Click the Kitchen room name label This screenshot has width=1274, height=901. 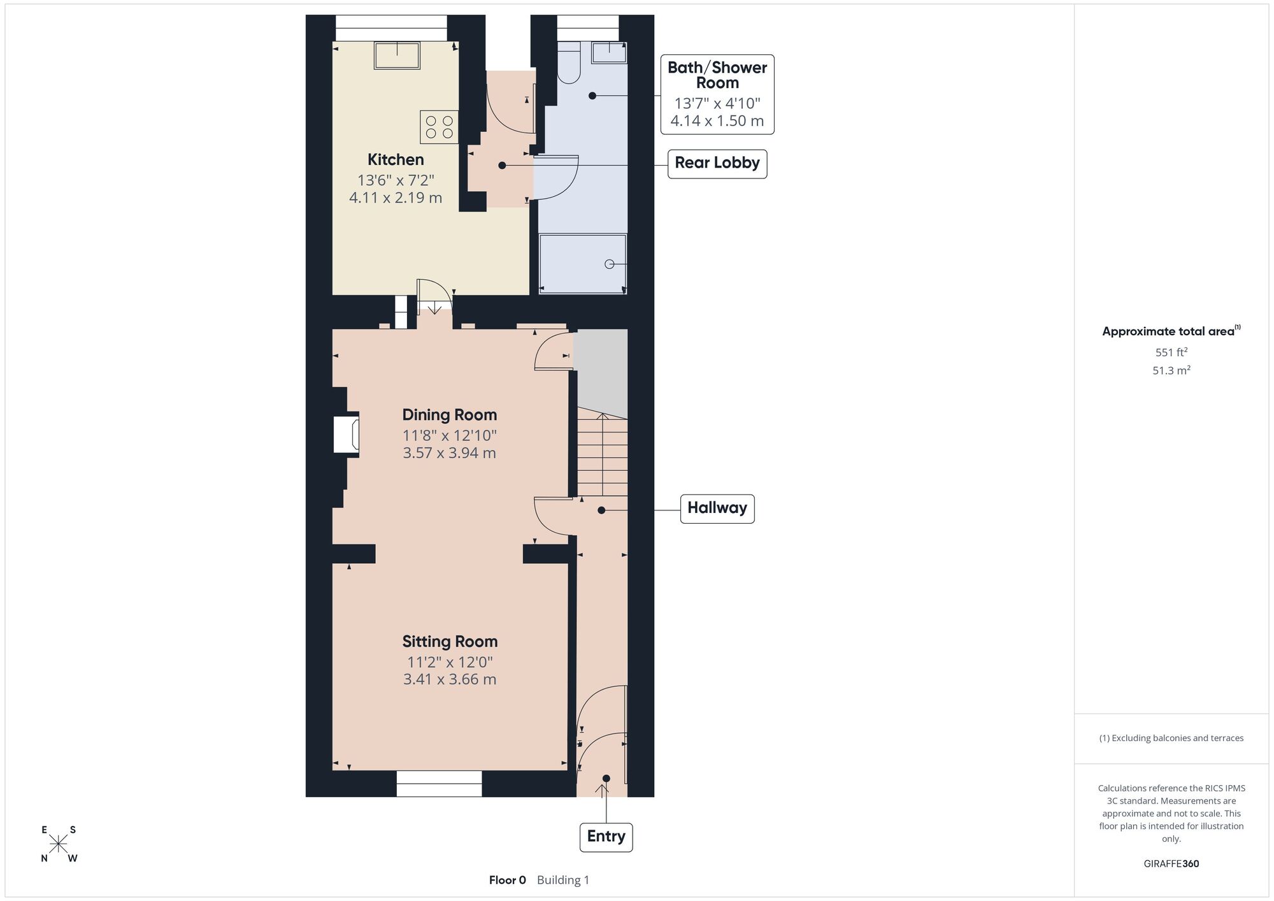396,159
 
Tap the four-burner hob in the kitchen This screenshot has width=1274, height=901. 439,127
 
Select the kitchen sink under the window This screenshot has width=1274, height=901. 397,55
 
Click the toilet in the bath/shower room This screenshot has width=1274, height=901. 568,62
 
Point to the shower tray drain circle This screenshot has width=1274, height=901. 609,264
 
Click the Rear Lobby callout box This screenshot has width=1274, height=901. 717,163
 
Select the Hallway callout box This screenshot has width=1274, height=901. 717,508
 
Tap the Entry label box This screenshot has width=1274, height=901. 606,837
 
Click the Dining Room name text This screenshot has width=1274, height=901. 450,415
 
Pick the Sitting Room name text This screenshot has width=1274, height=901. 450,642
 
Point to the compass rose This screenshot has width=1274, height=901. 59,844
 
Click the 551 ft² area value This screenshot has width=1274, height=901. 1171,352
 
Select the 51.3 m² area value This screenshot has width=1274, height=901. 1171,370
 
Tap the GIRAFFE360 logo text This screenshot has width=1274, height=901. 1171,864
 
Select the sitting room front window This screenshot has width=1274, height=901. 440,784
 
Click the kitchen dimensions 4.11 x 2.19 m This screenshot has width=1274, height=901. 396,198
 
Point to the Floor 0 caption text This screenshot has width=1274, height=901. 508,880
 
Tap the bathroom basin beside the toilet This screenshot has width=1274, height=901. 610,52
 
